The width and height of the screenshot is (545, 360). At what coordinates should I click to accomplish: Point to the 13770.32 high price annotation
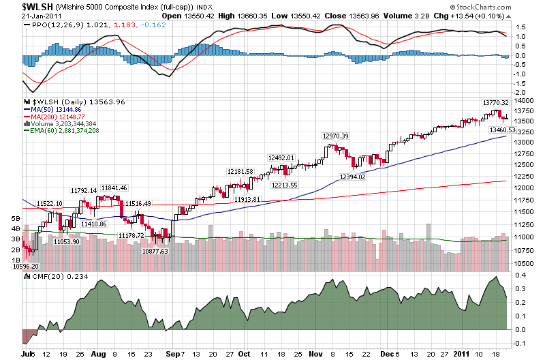point(496,102)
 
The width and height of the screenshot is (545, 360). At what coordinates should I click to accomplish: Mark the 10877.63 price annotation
point(155,251)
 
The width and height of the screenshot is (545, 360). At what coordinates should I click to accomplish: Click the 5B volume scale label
point(15,217)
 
